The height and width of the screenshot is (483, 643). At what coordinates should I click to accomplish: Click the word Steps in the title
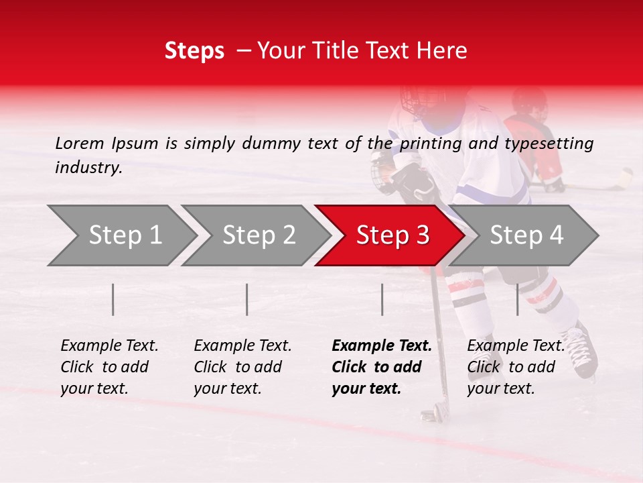[194, 51]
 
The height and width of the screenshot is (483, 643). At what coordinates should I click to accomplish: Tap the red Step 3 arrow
[391, 235]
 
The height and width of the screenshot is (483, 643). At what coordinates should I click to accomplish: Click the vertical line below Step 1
[113, 299]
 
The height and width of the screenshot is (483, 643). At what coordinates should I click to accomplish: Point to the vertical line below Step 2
[247, 299]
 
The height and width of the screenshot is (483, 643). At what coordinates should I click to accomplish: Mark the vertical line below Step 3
[382, 299]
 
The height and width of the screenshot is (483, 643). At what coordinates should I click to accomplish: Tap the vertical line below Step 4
[517, 299]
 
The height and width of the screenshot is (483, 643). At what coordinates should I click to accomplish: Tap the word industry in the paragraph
[88, 168]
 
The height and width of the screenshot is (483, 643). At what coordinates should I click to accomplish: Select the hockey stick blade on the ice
[432, 411]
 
